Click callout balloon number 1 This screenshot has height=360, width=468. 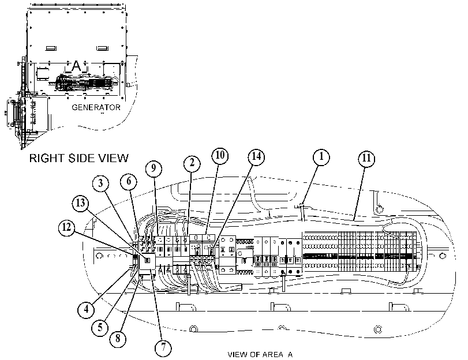click(321, 156)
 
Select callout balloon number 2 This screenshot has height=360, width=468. click(192, 163)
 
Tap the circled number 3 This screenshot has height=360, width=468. click(100, 183)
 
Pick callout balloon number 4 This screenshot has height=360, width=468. click(86, 309)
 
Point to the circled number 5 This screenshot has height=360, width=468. click(100, 328)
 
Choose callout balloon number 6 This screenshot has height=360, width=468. click(129, 181)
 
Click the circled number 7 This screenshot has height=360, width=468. click(163, 347)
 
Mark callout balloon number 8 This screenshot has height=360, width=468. click(118, 338)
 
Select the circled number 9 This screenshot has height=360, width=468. click(153, 168)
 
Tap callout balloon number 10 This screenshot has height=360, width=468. click(220, 155)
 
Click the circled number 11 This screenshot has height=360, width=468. click(366, 158)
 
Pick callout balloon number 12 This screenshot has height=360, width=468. click(67, 227)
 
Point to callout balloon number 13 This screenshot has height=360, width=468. click(81, 204)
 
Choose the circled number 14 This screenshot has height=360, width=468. click(257, 156)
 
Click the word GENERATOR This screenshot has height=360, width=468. click(96, 107)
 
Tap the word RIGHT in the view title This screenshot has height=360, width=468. click(47, 158)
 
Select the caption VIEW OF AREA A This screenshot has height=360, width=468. click(260, 354)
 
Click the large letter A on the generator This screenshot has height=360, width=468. click(77, 65)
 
